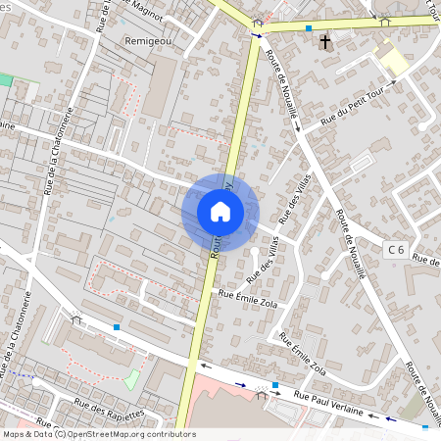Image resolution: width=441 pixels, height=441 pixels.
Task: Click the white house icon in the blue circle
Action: [220, 212]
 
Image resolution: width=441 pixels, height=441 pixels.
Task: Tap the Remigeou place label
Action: [149, 41]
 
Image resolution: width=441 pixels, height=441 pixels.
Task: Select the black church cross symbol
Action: [325, 42]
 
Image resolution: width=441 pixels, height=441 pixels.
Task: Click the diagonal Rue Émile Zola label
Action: [302, 353]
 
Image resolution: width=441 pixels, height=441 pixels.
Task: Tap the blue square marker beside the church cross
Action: [309, 28]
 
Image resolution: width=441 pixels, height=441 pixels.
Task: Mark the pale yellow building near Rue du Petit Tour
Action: [395, 62]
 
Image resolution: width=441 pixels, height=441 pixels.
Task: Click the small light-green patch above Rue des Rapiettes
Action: [132, 378]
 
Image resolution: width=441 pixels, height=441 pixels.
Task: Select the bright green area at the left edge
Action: [6, 80]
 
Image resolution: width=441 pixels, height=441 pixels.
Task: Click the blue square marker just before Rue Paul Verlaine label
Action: [275, 385]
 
